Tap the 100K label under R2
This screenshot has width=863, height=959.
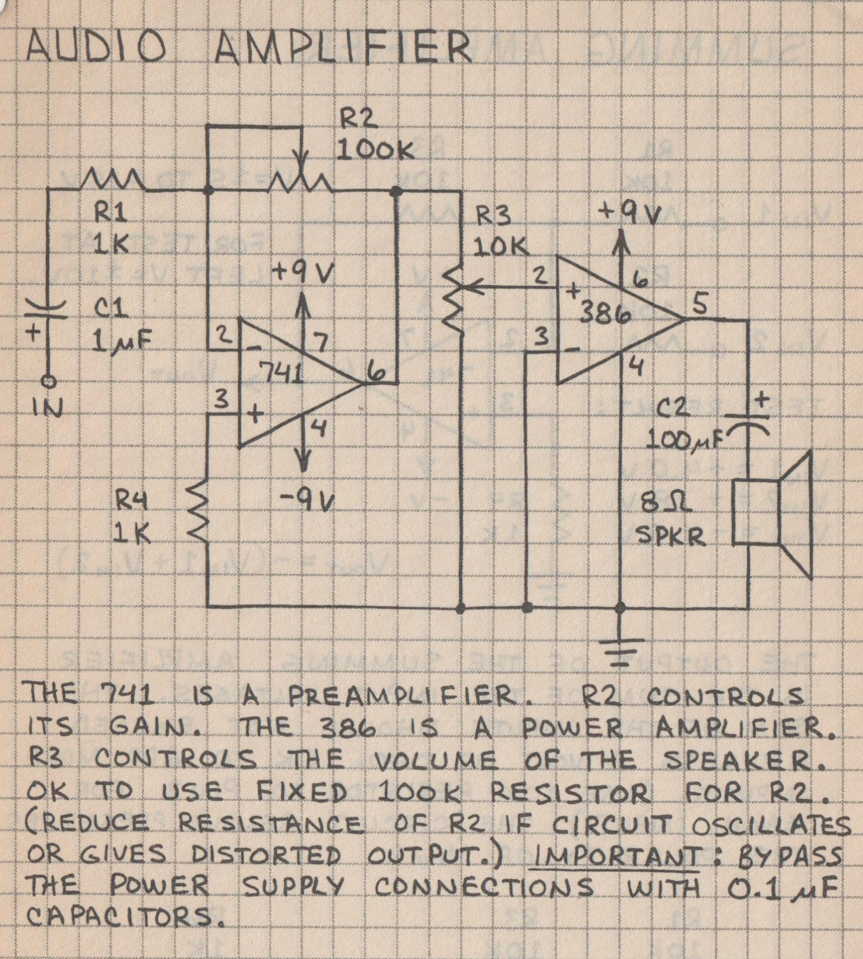[376, 150]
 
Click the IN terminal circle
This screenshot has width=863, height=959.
[48, 381]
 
